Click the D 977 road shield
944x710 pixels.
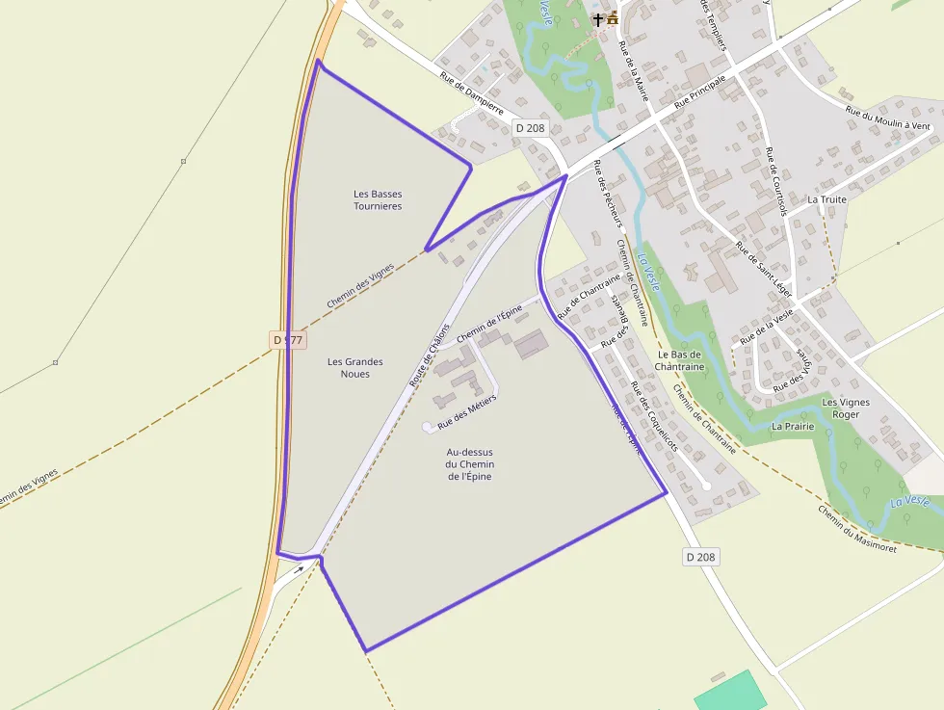coord(287,340)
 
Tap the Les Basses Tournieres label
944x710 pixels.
coord(378,199)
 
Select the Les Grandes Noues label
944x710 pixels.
coord(354,367)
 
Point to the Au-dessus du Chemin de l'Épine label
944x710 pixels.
coord(470,463)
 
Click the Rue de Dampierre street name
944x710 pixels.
coord(473,95)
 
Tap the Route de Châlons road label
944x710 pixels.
coord(430,355)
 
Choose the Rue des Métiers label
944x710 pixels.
coord(467,410)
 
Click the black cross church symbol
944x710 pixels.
coord(598,18)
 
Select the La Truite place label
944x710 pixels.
coord(826,199)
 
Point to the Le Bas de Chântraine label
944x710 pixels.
coord(681,360)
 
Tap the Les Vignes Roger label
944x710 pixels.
coord(846,408)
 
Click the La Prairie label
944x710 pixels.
coord(793,426)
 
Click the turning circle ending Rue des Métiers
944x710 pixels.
coord(428,426)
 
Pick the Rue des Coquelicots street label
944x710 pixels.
coord(654,416)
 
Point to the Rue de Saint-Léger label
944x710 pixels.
coord(764,269)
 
